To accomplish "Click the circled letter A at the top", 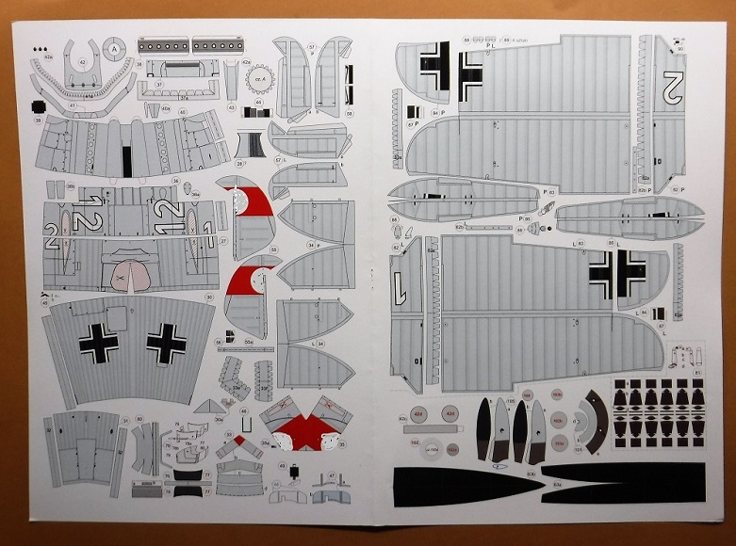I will click(115, 48).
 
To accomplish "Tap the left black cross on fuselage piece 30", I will click(99, 344).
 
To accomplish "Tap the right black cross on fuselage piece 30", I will click(166, 344).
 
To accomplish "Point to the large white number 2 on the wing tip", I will click(671, 87).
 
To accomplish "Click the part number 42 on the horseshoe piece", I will click(83, 62).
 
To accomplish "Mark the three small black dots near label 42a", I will click(39, 48).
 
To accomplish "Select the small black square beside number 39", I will click(39, 105).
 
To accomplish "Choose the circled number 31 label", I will click(125, 422).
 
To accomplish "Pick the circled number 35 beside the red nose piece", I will click(273, 249).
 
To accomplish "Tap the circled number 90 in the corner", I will click(680, 48).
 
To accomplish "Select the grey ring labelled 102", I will click(433, 449).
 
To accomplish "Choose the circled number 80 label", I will click(139, 419).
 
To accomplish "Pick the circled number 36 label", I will click(175, 181).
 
